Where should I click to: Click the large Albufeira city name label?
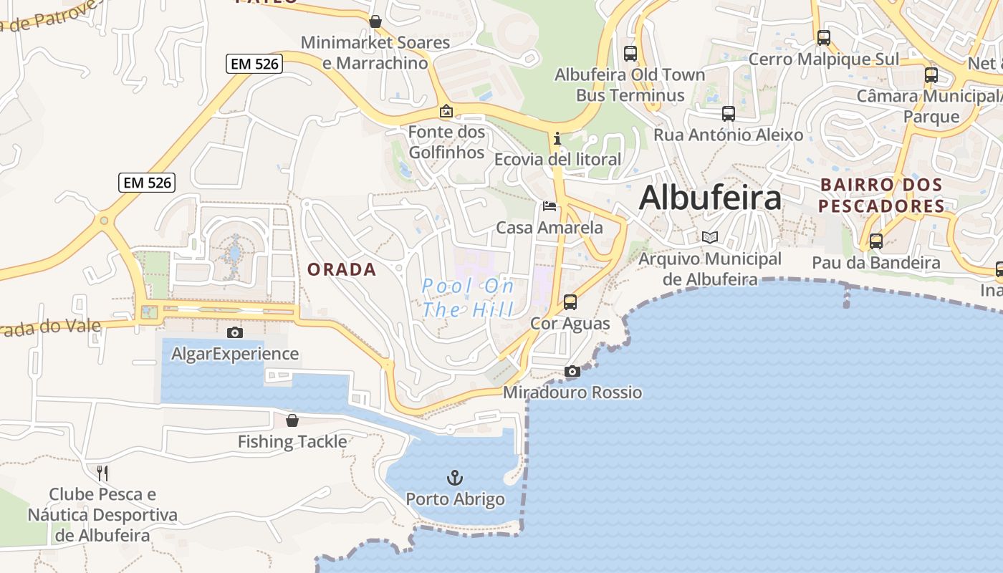pyautogui.click(x=709, y=197)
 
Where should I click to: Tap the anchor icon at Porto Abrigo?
pyautogui.click(x=455, y=477)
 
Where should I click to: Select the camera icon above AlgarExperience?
pyautogui.click(x=234, y=332)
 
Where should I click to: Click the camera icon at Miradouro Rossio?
pyautogui.click(x=572, y=371)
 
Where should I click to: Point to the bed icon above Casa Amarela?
pyautogui.click(x=550, y=206)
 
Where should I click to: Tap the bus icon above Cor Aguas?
pyautogui.click(x=570, y=302)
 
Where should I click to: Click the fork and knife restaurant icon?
pyautogui.click(x=102, y=473)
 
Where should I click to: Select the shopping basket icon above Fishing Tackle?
pyautogui.click(x=292, y=420)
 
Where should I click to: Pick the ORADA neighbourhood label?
pyautogui.click(x=342, y=269)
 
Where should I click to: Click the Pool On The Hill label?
pyautogui.click(x=468, y=298)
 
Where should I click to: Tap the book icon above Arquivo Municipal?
pyautogui.click(x=710, y=237)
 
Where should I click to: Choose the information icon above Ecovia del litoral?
pyautogui.click(x=557, y=138)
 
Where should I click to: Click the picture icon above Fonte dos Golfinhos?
pyautogui.click(x=446, y=111)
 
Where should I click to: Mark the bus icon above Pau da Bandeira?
pyautogui.click(x=875, y=241)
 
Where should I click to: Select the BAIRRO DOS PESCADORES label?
pyautogui.click(x=881, y=196)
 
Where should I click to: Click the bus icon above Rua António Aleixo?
pyautogui.click(x=729, y=113)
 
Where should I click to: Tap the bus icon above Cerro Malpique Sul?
pyautogui.click(x=824, y=38)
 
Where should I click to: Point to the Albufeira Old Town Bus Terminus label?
pyautogui.click(x=630, y=85)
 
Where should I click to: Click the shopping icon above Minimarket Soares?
pyautogui.click(x=375, y=21)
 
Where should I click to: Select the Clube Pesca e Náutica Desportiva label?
pyautogui.click(x=102, y=514)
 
